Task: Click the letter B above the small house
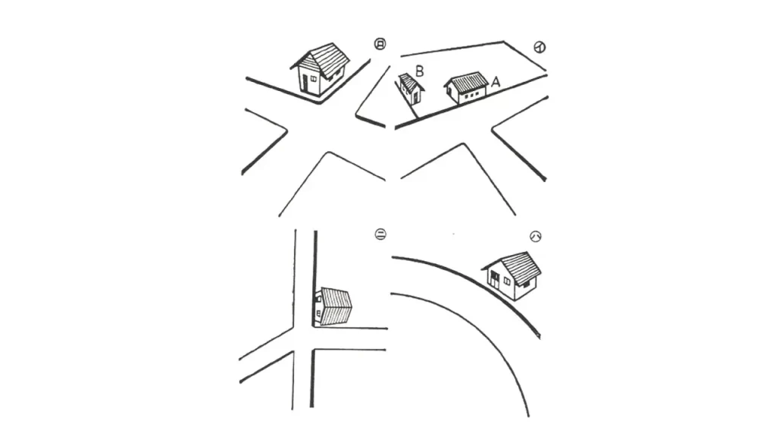(x=418, y=71)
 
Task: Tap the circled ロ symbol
(x=380, y=45)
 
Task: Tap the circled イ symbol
(x=540, y=48)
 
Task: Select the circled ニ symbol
(x=380, y=234)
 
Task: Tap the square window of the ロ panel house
(x=314, y=77)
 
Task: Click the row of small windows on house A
(x=473, y=95)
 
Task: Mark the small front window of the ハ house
(x=506, y=281)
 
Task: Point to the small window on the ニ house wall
(x=318, y=312)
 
